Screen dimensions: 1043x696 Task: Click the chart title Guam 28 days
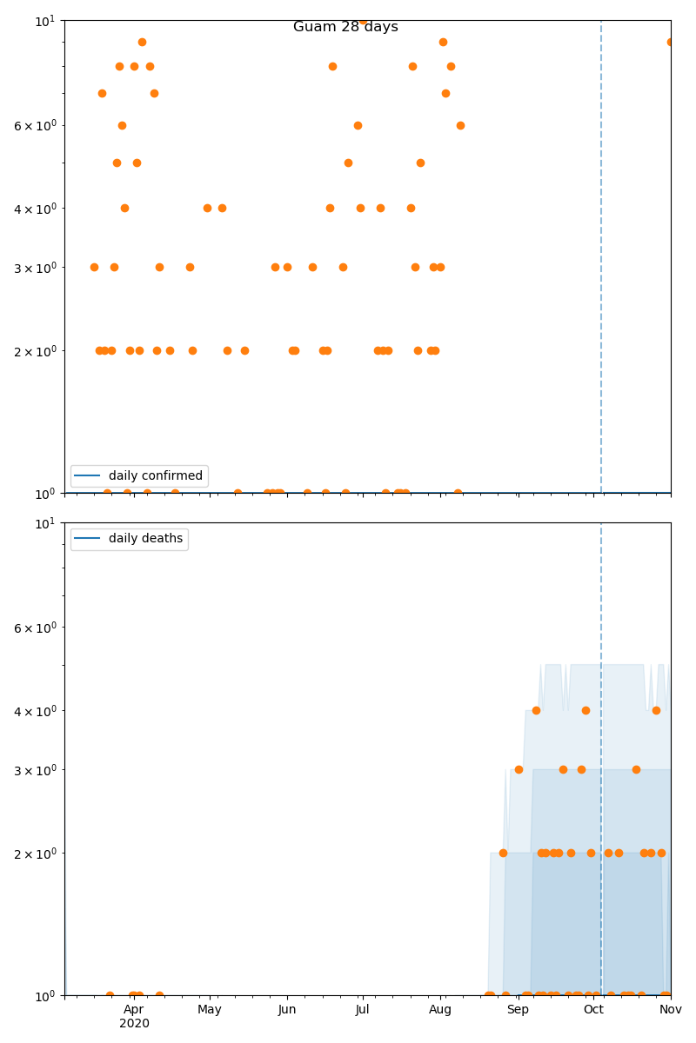[345, 27]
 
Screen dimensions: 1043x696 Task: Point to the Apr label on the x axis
[134, 1009]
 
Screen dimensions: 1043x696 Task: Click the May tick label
[210, 1009]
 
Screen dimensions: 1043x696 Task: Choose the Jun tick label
[287, 1009]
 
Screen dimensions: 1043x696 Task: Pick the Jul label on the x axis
[363, 1009]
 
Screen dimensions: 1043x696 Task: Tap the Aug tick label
[440, 1009]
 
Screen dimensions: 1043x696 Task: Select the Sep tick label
[518, 1009]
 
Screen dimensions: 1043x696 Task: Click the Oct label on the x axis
[593, 1009]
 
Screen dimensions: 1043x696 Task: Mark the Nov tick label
[670, 1009]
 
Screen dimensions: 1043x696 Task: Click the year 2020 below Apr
[134, 1024]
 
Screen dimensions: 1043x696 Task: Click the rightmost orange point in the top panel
[671, 42]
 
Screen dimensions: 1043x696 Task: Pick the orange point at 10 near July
[363, 21]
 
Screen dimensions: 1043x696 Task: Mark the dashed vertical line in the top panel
[601, 261]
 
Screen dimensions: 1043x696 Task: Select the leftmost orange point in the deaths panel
[110, 995]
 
